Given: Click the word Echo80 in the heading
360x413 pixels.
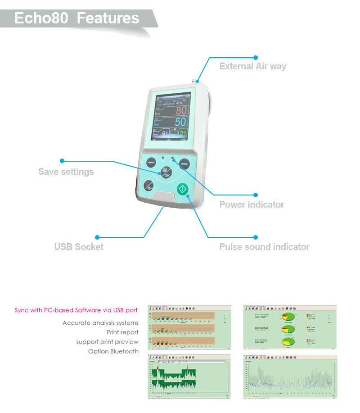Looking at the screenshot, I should (41, 18).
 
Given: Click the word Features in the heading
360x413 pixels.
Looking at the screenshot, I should (108, 18).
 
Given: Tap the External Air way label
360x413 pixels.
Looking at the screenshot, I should (252, 66).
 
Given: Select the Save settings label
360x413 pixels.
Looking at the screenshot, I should (66, 172).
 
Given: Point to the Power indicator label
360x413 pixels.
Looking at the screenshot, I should (252, 204).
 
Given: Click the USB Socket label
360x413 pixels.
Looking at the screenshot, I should (79, 247).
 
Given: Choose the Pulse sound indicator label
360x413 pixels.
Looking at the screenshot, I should (264, 247).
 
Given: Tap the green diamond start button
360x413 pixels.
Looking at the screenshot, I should (182, 189).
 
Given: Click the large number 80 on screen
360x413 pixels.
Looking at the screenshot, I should (180, 111).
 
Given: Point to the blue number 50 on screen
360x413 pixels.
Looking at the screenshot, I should (180, 122).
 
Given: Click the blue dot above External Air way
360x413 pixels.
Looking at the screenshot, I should (256, 57).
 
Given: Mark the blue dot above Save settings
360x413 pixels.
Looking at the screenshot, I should (62, 160).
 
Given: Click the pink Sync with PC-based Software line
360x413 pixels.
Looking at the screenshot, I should (76, 310).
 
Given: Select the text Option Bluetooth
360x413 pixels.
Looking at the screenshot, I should (113, 351).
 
